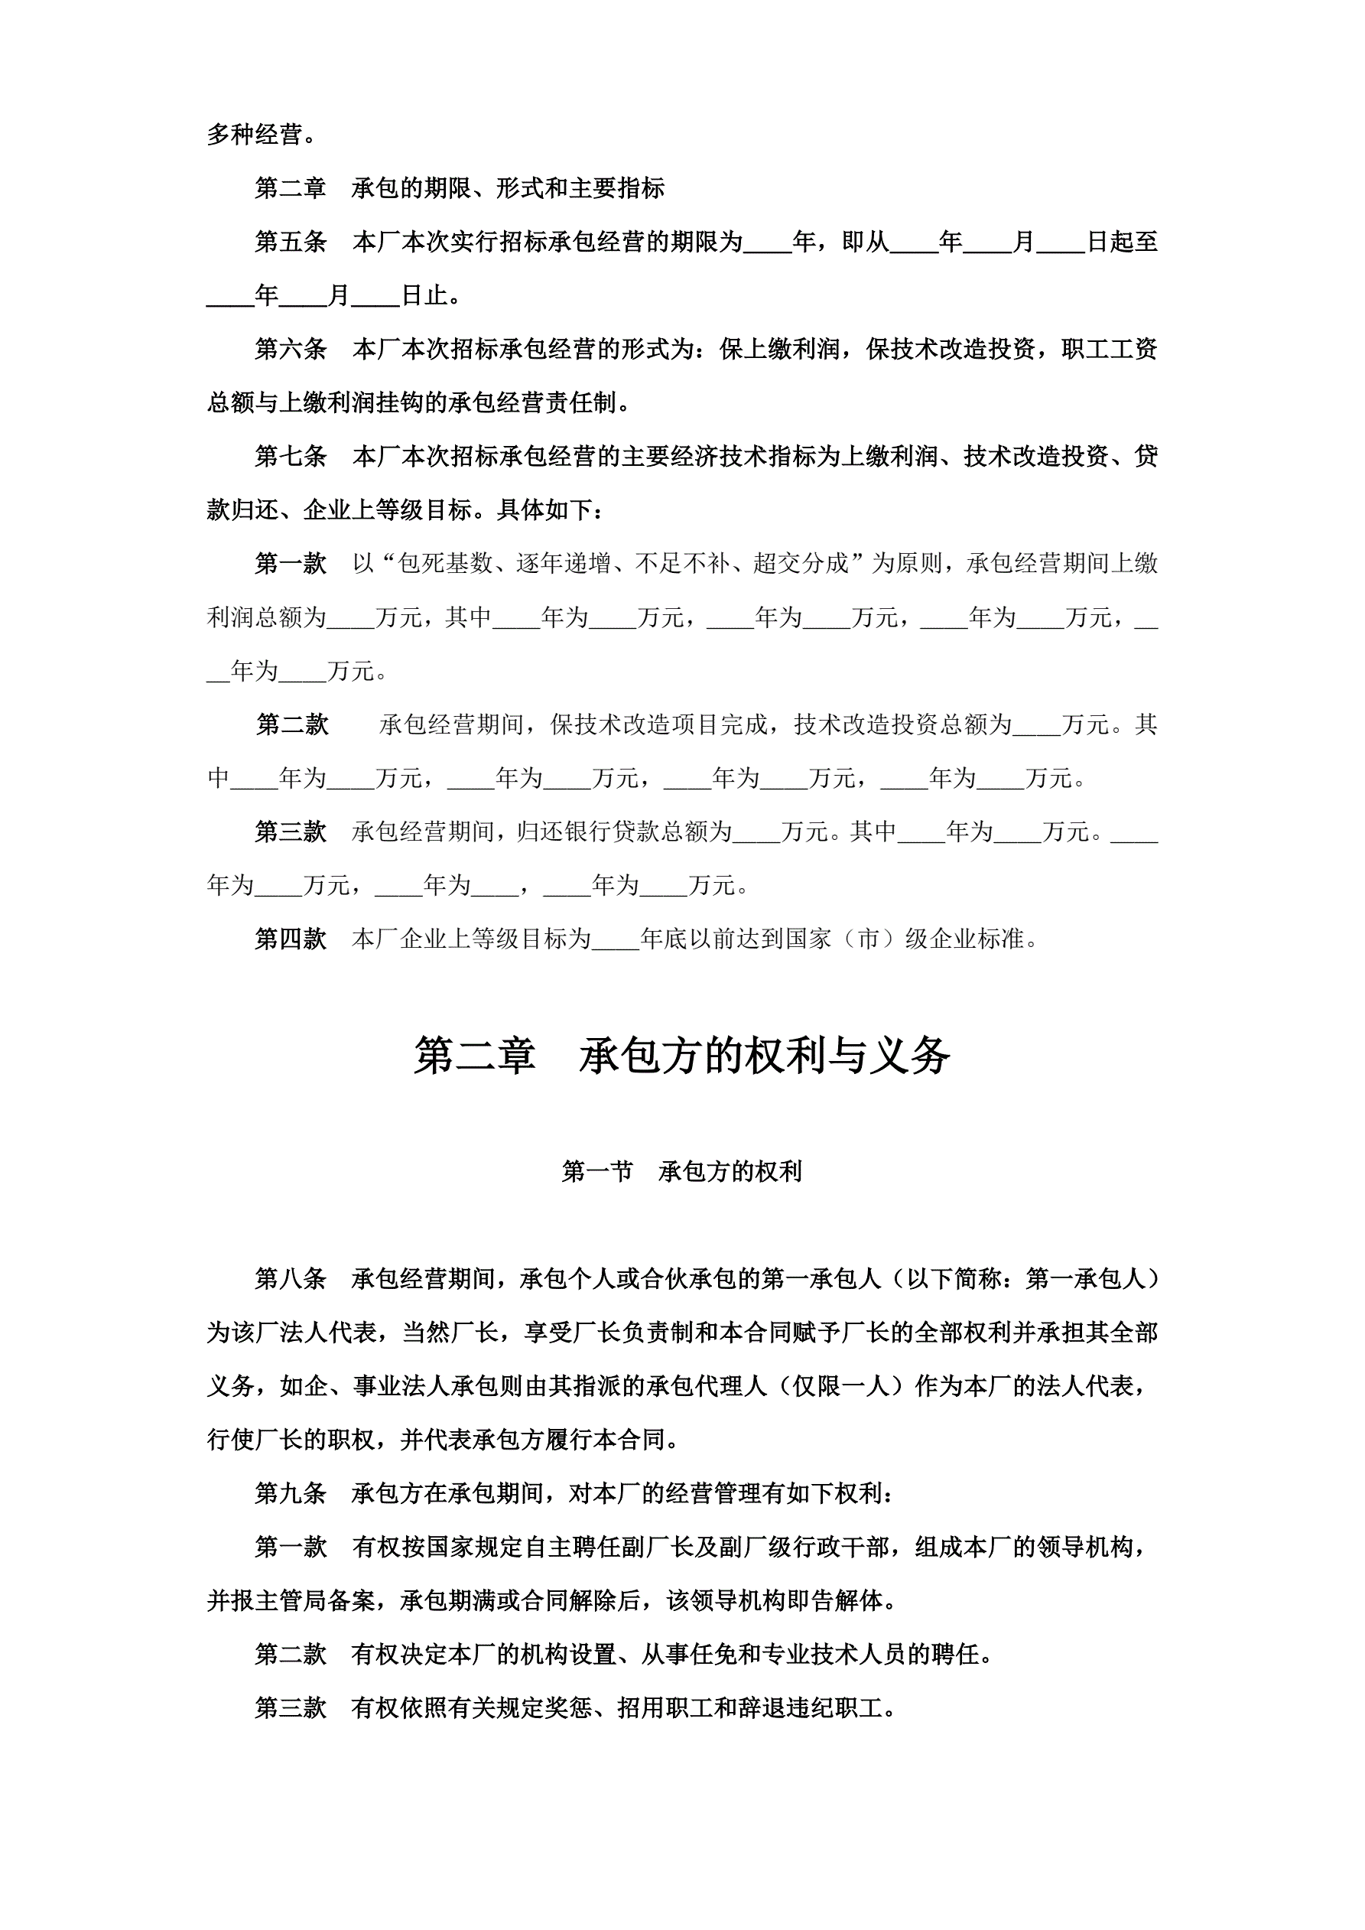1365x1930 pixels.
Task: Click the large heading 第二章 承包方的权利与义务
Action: pos(681,1056)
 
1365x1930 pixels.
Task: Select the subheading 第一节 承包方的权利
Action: pos(681,1172)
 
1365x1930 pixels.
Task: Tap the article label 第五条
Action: pos(291,242)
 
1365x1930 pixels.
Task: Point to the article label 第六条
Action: pos(291,349)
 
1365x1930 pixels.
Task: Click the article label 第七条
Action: pos(291,457)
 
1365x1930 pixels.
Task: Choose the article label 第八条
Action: pos(291,1279)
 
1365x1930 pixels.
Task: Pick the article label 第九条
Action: pos(291,1494)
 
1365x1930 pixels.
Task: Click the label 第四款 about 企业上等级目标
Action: pos(291,939)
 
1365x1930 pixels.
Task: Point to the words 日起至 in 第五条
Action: pos(1122,242)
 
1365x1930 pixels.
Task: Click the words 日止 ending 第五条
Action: pos(425,296)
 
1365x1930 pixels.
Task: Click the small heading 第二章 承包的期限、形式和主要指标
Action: pos(460,188)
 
